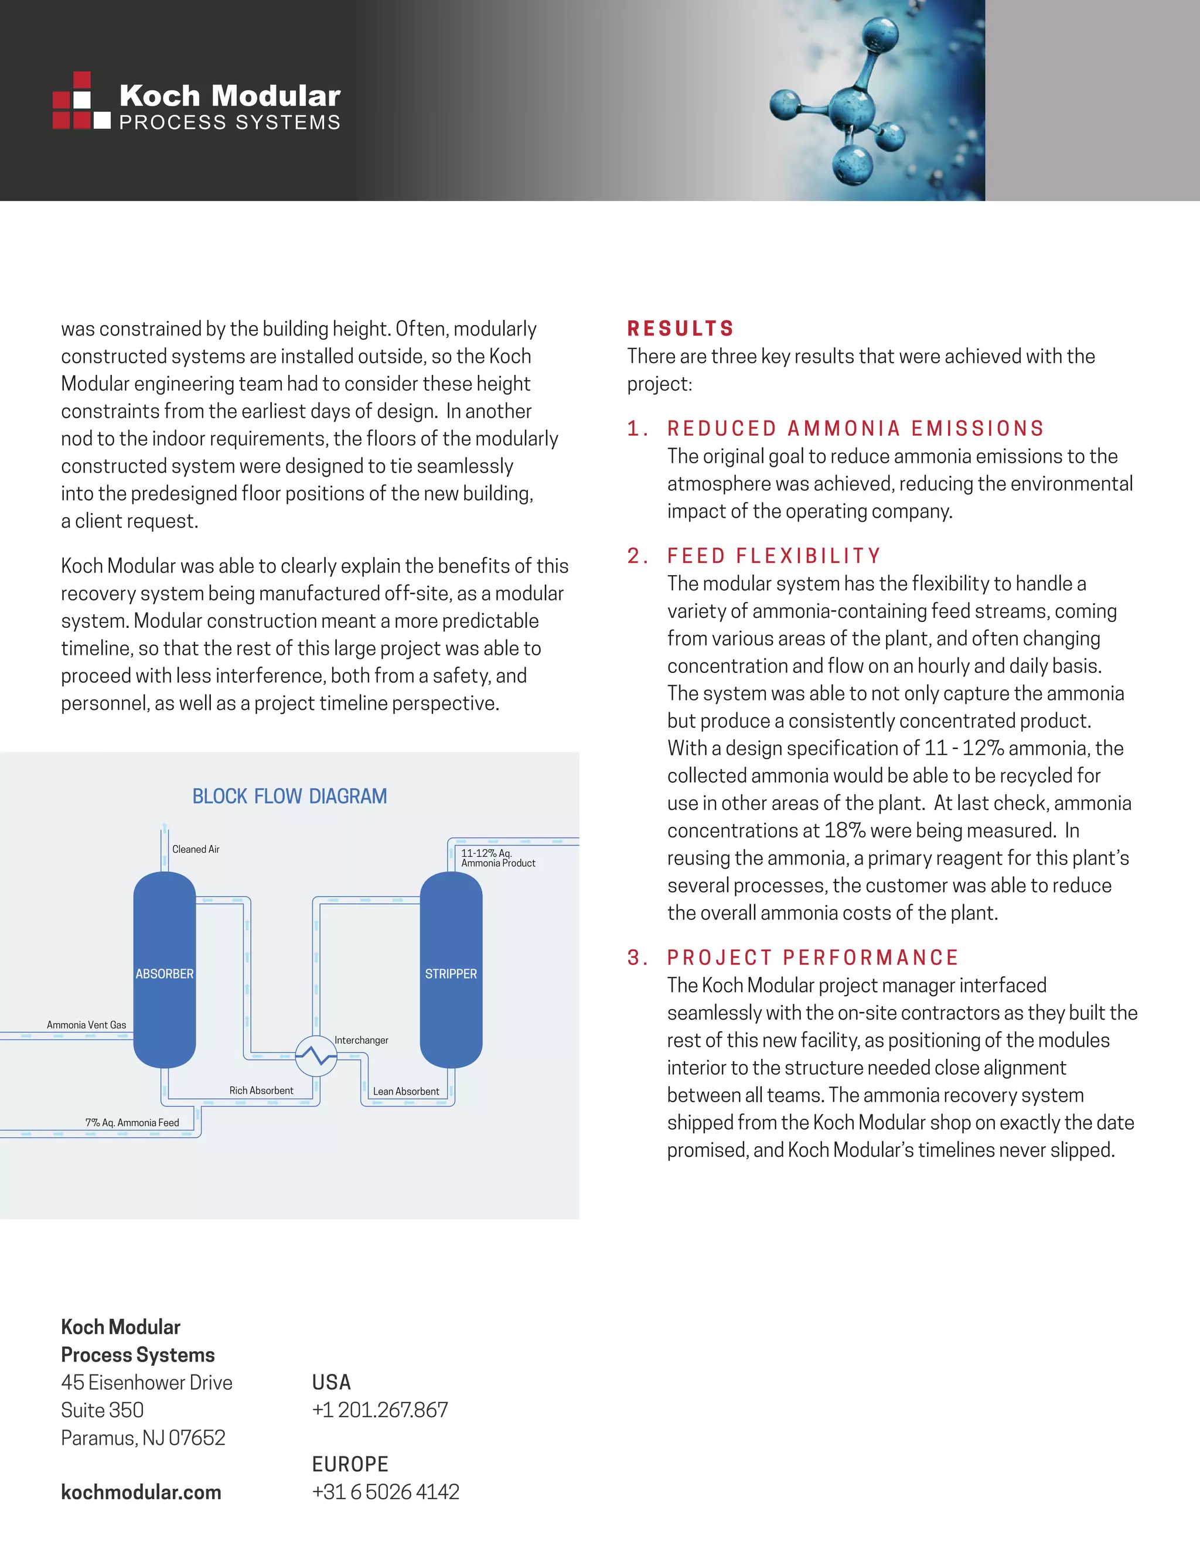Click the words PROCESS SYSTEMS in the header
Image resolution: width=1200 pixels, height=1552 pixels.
tap(230, 123)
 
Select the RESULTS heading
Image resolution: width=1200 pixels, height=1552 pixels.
tap(680, 329)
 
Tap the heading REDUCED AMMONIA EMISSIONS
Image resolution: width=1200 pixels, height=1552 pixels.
tap(855, 429)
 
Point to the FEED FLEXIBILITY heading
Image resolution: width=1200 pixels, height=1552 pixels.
tap(773, 556)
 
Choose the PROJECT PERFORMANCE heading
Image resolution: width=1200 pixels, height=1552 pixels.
tap(813, 958)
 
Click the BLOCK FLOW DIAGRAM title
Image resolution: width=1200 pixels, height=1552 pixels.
tap(289, 796)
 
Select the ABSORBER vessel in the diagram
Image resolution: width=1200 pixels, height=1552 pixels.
tap(164, 973)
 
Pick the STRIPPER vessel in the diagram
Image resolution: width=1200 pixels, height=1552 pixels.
tap(451, 973)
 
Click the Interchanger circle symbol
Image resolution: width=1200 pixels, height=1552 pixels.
tap(316, 1057)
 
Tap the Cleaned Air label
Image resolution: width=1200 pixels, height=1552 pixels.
tap(196, 849)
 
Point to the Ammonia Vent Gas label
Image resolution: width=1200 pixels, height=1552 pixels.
tap(86, 1025)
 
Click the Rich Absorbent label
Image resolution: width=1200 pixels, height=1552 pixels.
tap(261, 1090)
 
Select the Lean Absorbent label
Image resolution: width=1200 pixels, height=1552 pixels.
tap(406, 1091)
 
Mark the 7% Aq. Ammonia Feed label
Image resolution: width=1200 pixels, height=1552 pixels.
tap(132, 1123)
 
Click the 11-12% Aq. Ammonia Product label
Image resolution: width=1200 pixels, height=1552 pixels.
tap(497, 858)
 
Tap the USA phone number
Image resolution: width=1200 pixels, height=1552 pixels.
tap(380, 1410)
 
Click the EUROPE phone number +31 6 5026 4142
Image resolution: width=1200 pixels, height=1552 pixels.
tap(386, 1492)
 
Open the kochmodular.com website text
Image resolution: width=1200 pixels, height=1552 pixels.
tap(141, 1492)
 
